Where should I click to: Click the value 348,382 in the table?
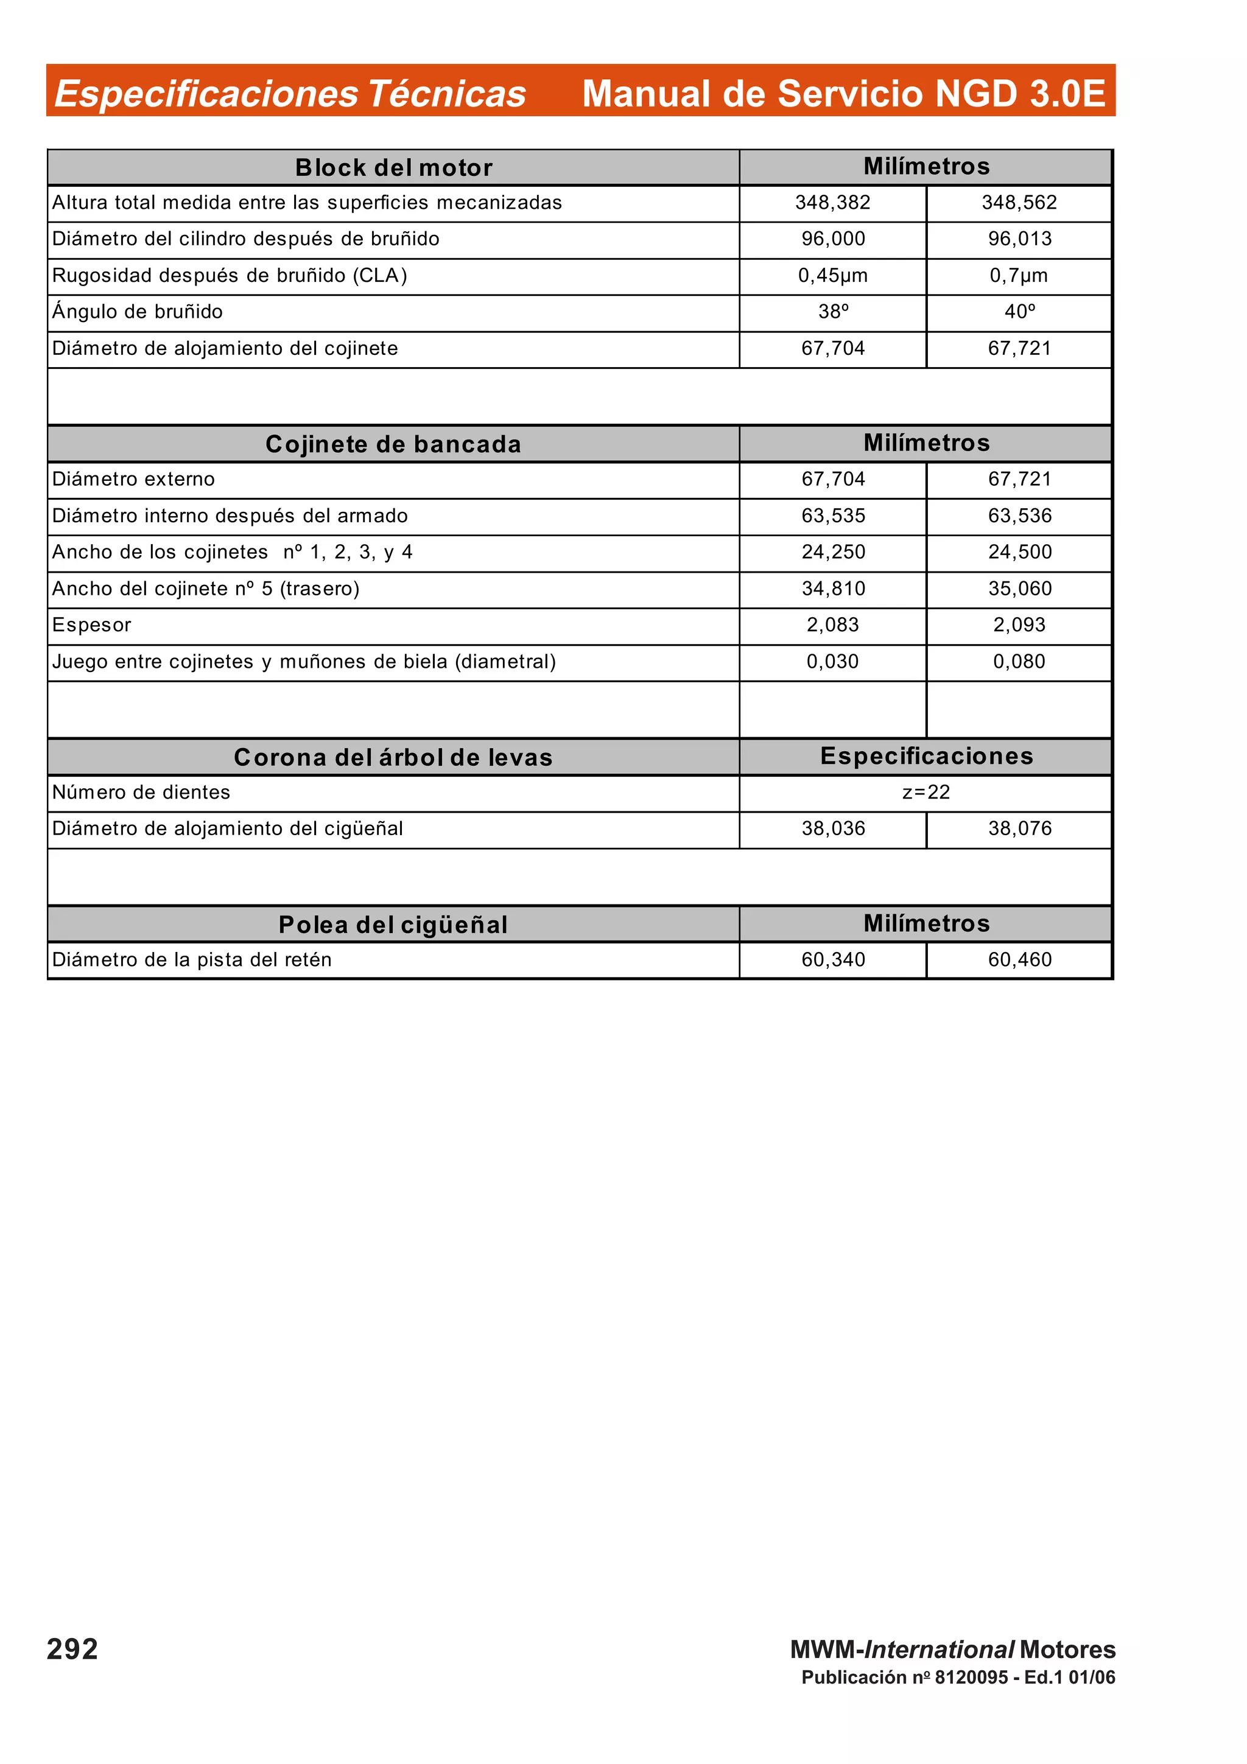click(x=832, y=203)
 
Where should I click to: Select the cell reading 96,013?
click(x=1019, y=239)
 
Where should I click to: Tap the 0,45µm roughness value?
click(x=832, y=276)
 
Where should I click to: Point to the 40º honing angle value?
click(x=1019, y=312)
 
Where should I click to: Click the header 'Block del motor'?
click(x=393, y=167)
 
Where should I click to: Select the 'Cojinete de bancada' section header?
click(x=393, y=444)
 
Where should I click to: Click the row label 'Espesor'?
click(x=91, y=625)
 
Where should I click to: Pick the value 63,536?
click(x=1019, y=516)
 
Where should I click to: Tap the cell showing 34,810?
click(x=832, y=589)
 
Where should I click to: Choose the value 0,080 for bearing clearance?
click(x=1019, y=662)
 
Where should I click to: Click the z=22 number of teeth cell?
click(x=926, y=792)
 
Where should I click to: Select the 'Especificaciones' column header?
click(x=926, y=756)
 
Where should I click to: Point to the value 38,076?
click(x=1019, y=828)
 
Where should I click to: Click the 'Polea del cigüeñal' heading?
click(x=393, y=924)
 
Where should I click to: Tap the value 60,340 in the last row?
click(x=832, y=959)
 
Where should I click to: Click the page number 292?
click(x=72, y=1650)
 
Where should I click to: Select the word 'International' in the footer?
click(x=939, y=1650)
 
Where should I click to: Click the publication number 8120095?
click(x=971, y=1677)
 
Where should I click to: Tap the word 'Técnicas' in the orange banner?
click(x=446, y=94)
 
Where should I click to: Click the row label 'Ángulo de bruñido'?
click(x=138, y=312)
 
